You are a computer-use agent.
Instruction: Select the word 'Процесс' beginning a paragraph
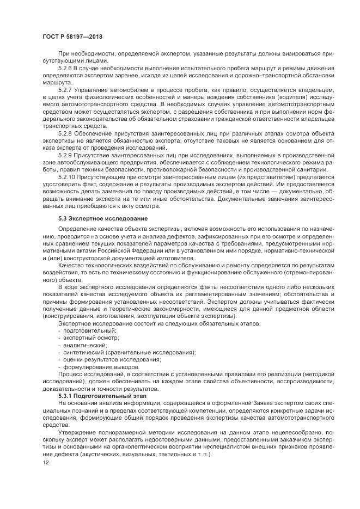pyautogui.click(x=70, y=374)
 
